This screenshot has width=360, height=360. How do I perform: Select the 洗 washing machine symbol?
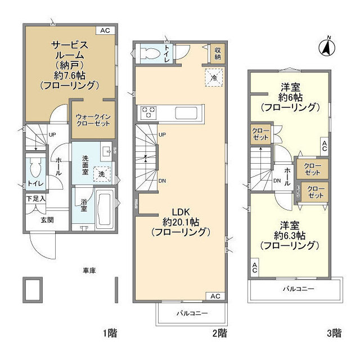click(x=101, y=174)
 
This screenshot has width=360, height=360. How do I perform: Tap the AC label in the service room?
click(x=105, y=30)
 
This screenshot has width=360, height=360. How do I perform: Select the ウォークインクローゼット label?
click(x=93, y=120)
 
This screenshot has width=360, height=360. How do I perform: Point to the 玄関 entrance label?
click(x=47, y=219)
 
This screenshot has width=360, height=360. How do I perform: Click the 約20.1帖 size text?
click(x=183, y=222)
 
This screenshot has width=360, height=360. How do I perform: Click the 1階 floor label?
click(x=110, y=333)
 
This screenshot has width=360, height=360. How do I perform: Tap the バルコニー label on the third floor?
click(x=298, y=289)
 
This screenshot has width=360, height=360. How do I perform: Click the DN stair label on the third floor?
click(x=277, y=181)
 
